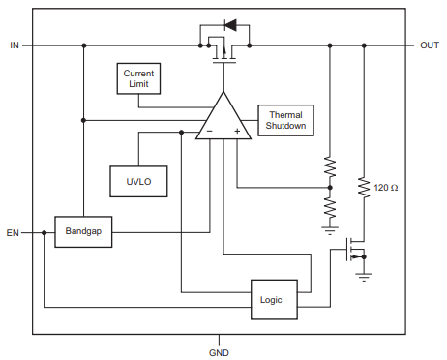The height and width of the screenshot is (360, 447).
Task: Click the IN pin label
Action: click(14, 45)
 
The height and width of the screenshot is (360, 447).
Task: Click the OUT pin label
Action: click(430, 45)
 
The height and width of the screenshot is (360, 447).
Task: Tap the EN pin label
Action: click(13, 233)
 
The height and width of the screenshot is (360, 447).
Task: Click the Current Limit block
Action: click(138, 79)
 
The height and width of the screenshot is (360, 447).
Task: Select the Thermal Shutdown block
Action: click(285, 120)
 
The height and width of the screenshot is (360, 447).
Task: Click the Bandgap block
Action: click(82, 232)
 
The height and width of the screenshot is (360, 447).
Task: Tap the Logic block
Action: click(272, 299)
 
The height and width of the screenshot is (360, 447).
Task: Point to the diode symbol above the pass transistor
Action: click(229, 23)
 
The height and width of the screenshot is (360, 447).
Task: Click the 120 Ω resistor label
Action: click(386, 187)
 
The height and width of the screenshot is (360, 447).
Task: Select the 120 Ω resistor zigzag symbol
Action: click(364, 187)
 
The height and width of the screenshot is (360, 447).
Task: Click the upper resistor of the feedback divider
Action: click(329, 165)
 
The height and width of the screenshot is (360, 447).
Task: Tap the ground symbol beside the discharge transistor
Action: click(364, 275)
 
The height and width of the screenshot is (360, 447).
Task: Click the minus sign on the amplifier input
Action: click(208, 131)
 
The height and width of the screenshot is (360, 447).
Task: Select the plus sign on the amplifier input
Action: click(236, 131)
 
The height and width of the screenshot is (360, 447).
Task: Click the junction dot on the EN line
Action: click(45, 233)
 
